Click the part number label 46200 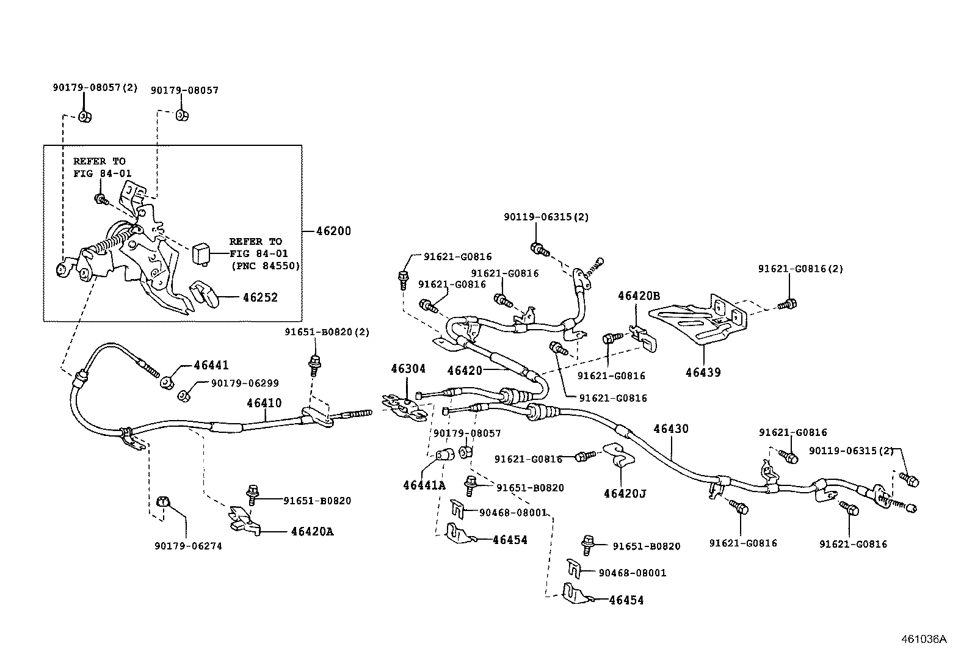point(333,231)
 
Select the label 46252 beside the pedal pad point(260,298)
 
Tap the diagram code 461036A point(924,639)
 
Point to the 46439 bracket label point(703,372)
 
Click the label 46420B point(639,296)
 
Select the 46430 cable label point(670,429)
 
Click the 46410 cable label point(264,403)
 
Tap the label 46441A point(424,485)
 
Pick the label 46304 point(408,369)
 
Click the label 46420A point(312,531)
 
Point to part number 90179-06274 point(188,546)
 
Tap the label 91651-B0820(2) point(327,332)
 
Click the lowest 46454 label point(626,600)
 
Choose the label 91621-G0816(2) point(800,269)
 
